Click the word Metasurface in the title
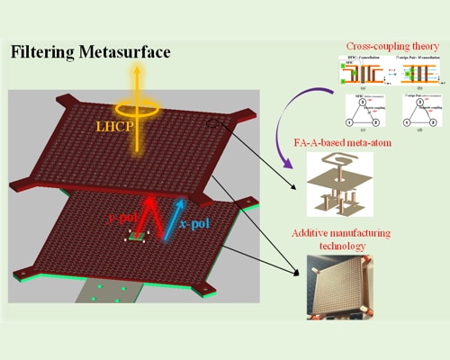[x=130, y=52]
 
